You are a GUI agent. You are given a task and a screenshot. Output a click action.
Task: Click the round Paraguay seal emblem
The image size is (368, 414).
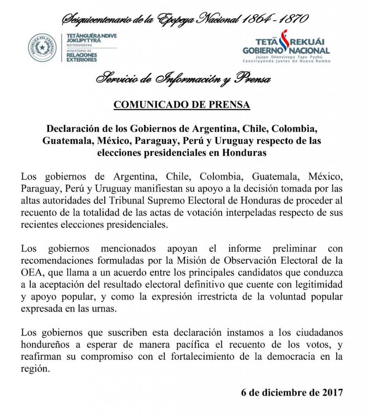coord(42,48)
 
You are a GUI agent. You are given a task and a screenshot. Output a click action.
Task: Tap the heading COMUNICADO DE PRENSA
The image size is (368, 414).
coord(182,105)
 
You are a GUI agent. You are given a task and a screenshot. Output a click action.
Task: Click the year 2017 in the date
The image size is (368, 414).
coord(332,393)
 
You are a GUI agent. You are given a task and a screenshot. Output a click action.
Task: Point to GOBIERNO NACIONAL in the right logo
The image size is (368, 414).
coord(286,50)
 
